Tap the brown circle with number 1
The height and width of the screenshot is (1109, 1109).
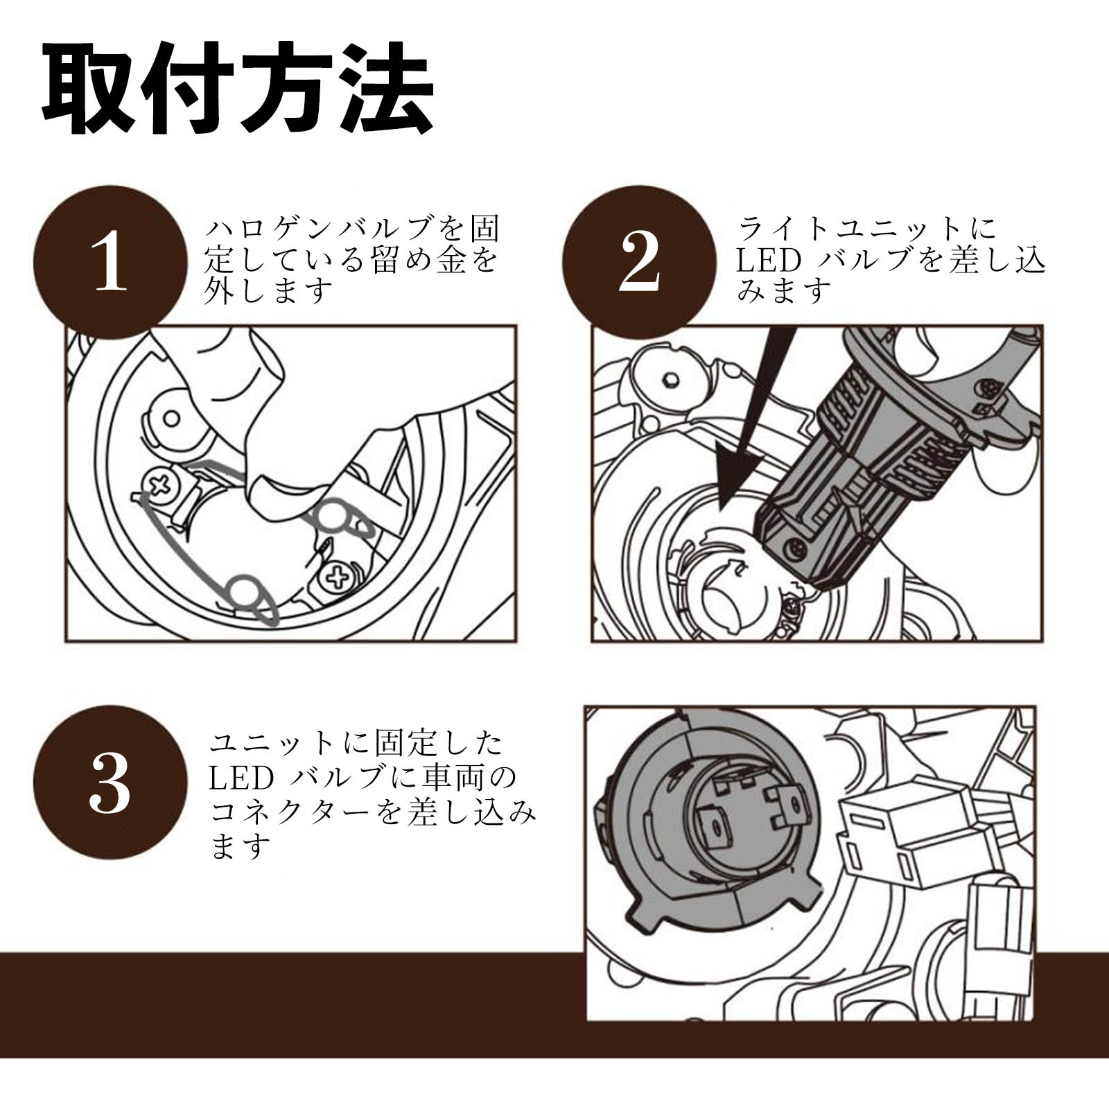point(111,262)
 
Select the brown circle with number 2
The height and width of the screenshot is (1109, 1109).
point(638,262)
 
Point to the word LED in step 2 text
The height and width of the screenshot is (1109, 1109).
point(768,261)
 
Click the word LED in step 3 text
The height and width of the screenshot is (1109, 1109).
point(241,778)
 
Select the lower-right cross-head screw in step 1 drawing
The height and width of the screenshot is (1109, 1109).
point(338,577)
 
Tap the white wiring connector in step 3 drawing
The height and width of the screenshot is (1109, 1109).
point(901,839)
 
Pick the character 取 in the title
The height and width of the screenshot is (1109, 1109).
point(90,91)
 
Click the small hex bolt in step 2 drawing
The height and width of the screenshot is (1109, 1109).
point(669,380)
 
